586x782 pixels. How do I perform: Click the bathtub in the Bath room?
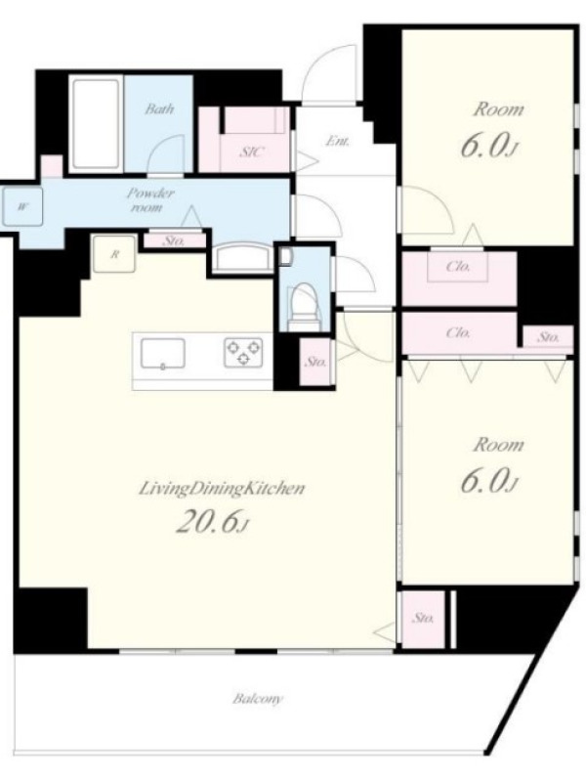click(x=96, y=124)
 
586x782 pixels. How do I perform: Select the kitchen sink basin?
click(x=162, y=354)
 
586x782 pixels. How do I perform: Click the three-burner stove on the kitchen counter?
click(x=243, y=353)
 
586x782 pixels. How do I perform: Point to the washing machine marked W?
click(x=21, y=207)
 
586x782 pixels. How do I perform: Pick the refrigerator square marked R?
click(x=114, y=254)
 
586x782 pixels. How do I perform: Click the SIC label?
click(x=252, y=152)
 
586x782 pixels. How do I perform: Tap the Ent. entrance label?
click(x=337, y=141)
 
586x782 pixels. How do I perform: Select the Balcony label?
click(x=258, y=699)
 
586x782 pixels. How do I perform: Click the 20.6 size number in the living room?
click(x=205, y=522)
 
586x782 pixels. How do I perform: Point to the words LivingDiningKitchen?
click(x=221, y=489)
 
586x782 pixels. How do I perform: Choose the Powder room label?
click(x=150, y=199)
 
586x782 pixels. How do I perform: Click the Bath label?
click(x=159, y=109)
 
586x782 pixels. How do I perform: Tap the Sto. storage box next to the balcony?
click(x=423, y=619)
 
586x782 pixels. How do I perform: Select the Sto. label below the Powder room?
click(x=174, y=241)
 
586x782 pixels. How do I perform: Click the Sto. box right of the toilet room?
click(x=315, y=362)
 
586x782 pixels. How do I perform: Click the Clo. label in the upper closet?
click(x=458, y=267)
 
